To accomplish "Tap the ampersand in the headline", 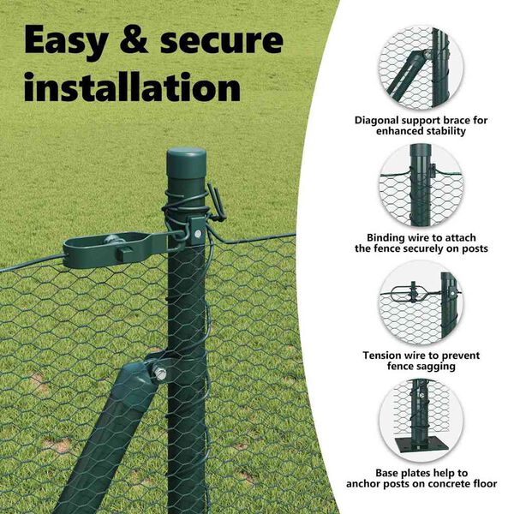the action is pos(134,39).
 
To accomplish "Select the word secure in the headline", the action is pos(222,41).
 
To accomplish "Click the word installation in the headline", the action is pos(133,87).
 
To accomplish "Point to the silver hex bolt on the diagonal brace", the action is pos(159,373).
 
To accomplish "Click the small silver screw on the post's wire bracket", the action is pos(198,234).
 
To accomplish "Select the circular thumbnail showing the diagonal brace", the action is pos(421,69).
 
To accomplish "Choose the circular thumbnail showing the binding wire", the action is pos(421,186).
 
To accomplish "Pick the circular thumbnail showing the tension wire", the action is pos(421,303).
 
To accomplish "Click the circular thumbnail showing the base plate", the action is pos(421,421).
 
